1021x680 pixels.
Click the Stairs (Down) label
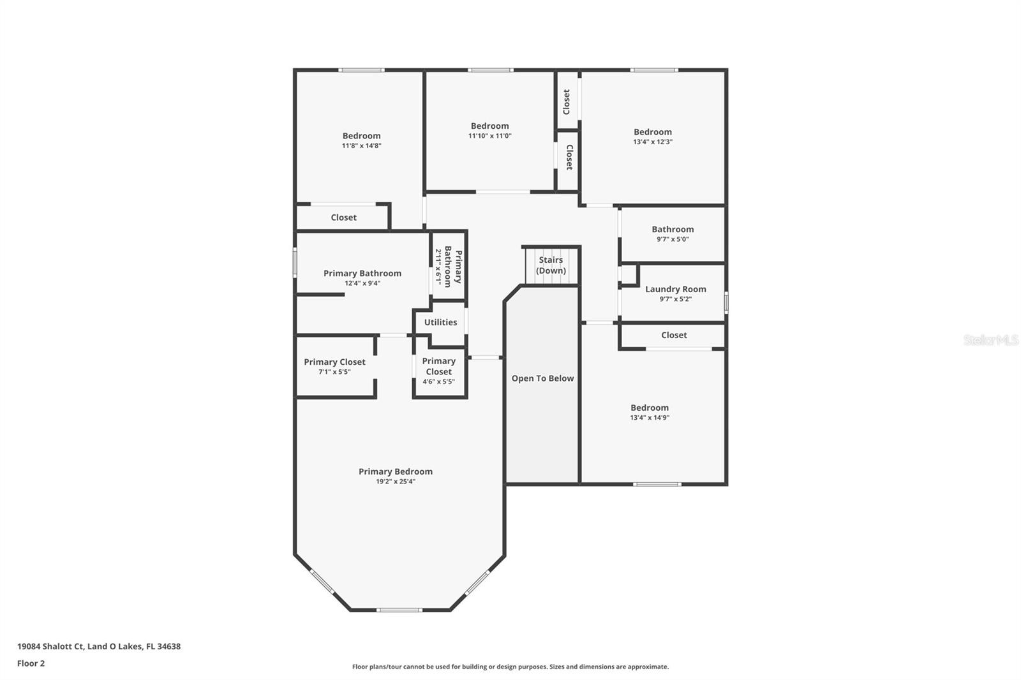551,265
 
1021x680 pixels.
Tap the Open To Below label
542,378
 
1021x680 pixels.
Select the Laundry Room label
675,289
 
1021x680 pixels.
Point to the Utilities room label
440,322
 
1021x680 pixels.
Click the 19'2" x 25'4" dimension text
396,482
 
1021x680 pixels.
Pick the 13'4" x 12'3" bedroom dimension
653,142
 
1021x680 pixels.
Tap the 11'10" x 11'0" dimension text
490,136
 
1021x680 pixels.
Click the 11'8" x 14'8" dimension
361,145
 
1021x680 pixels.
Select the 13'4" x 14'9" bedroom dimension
650,418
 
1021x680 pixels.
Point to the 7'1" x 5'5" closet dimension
334,372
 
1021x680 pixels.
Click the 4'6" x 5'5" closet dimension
438,382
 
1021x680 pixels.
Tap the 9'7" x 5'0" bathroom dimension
673,239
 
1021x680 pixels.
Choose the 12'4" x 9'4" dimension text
362,283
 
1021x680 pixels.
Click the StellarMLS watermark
990,341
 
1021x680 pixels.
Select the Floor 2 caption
31,663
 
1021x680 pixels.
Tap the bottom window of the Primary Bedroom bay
399,610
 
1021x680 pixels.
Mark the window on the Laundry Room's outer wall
726,302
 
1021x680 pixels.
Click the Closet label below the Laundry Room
674,335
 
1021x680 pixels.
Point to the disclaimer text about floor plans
511,667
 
